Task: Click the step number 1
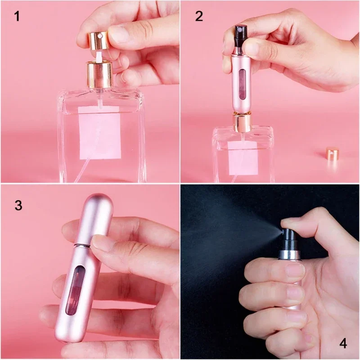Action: pos(17,17)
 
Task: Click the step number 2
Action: pos(199,17)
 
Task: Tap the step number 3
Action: pos(18,206)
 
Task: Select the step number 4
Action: pos(343,344)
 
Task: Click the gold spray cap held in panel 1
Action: pos(96,40)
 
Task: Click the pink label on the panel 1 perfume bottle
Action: pos(99,133)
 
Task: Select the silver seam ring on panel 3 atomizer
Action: pos(81,245)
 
